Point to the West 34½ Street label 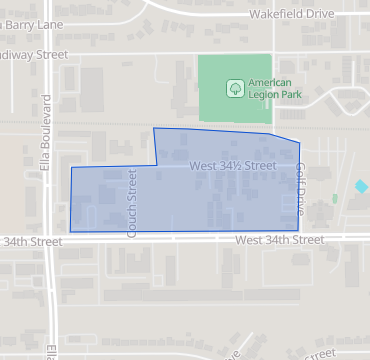point(232,164)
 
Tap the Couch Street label point(133,203)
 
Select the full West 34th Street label point(281,240)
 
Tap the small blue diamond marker point(361,186)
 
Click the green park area point(220,110)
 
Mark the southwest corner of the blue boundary point(70,231)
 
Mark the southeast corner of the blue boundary point(300,231)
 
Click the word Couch point(133,188)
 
